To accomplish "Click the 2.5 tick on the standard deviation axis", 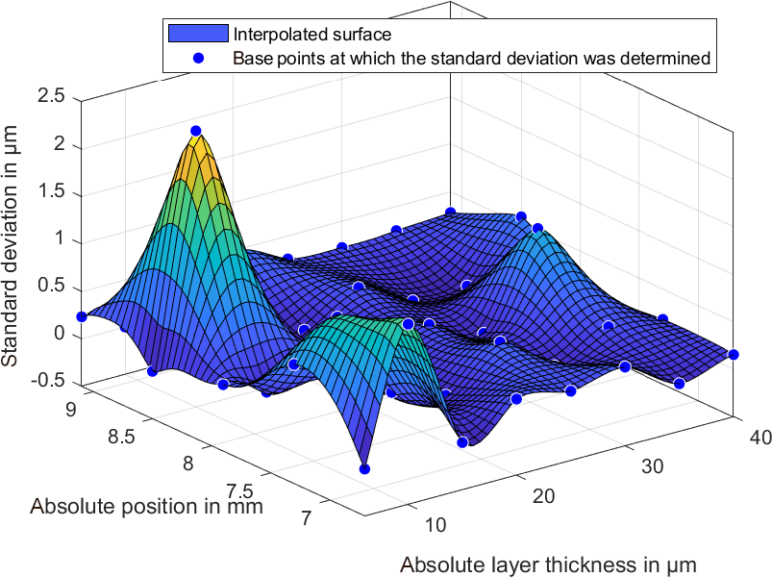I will point(52,97).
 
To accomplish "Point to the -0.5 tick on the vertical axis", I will point(47,380).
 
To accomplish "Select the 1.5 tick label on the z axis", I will point(52,191).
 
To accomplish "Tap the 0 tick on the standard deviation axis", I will point(59,333).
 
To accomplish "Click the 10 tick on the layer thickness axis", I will point(435,524).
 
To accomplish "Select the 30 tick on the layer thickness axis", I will point(651,466).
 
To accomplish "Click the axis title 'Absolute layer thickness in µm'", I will point(547,564).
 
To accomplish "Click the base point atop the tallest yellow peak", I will point(196,131).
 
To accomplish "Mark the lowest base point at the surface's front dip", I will point(364,469).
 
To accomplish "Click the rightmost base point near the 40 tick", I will point(734,355).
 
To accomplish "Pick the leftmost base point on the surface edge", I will point(82,316).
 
